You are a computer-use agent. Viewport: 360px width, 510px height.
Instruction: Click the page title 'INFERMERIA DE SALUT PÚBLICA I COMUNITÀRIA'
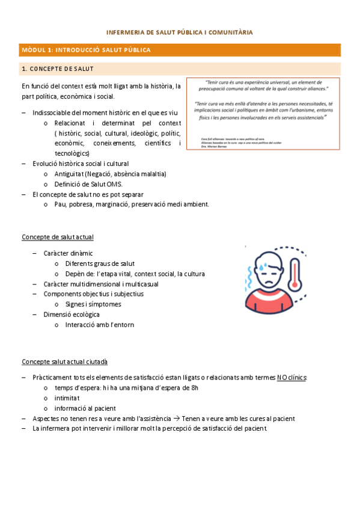click(x=180, y=32)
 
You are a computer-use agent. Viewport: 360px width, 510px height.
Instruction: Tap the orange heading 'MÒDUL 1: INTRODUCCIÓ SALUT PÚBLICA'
click(x=86, y=50)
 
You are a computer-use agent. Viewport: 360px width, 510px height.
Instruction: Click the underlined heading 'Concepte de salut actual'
click(x=58, y=237)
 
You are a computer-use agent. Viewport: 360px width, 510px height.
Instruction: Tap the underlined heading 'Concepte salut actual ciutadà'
click(x=65, y=361)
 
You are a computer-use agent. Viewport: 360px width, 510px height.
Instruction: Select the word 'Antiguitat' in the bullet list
click(x=69, y=174)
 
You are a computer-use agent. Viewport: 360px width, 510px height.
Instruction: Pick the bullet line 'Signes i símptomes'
click(x=93, y=304)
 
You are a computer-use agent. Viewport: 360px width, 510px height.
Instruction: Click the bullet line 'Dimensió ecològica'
click(x=72, y=315)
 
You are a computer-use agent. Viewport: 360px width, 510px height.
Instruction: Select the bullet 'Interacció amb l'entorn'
click(x=100, y=325)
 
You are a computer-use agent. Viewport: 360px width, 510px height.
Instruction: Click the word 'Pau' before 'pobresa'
click(x=59, y=204)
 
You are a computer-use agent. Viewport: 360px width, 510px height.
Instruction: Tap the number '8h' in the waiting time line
click(x=194, y=388)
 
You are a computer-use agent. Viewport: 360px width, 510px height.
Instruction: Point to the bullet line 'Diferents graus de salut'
click(x=100, y=263)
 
